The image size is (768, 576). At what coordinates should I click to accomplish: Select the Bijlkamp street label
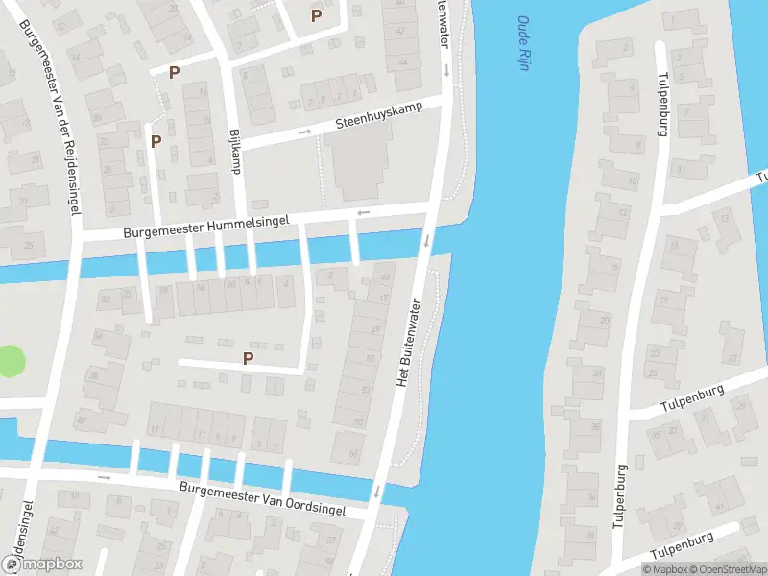tap(235, 152)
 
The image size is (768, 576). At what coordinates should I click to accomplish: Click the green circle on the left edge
tap(10, 362)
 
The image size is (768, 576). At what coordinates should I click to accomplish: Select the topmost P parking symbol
tap(315, 15)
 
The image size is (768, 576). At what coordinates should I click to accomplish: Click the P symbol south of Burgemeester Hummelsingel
tap(248, 358)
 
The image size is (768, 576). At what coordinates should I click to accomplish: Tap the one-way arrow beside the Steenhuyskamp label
tap(305, 132)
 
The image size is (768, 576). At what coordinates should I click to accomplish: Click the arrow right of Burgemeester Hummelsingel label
tap(363, 212)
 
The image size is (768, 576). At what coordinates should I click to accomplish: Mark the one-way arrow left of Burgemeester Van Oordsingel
tap(104, 476)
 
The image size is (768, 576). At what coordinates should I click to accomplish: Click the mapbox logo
tap(41, 564)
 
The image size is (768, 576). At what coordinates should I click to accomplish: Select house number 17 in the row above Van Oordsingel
tap(155, 429)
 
